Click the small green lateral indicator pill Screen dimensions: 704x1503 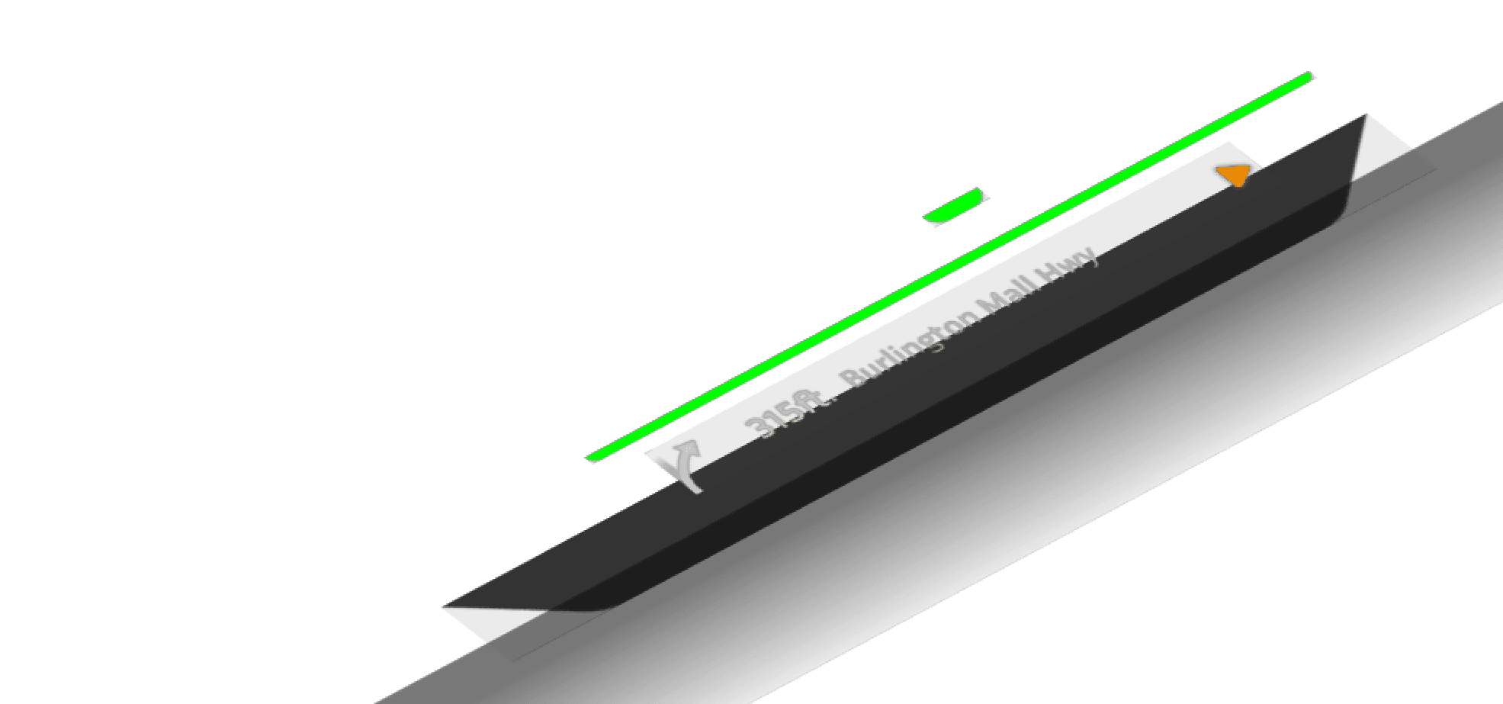point(955,207)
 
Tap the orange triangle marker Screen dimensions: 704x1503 point(1234,175)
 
